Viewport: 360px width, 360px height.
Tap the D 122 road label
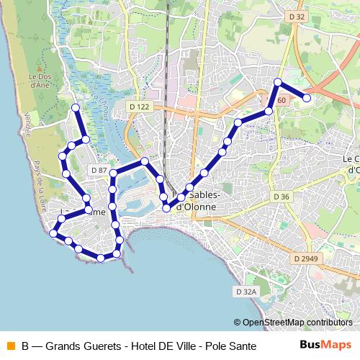pyautogui.click(x=140, y=107)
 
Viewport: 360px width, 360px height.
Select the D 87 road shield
pyautogui.click(x=99, y=170)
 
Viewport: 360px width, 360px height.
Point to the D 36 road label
pyautogui.click(x=281, y=197)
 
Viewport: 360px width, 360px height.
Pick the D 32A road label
pyautogui.click(x=246, y=292)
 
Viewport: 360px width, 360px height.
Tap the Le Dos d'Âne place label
pyautogui.click(x=39, y=79)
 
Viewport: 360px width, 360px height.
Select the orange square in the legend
pyautogui.click(x=9, y=346)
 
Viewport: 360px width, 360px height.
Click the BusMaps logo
pyautogui.click(x=326, y=345)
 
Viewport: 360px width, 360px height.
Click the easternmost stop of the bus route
pyautogui.click(x=307, y=97)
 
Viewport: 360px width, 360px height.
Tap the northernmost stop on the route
pyautogui.click(x=278, y=81)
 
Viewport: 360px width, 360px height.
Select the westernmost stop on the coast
pyautogui.click(x=53, y=233)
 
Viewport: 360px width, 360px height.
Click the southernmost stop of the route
pyautogui.click(x=102, y=258)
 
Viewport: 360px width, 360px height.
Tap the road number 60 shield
pyautogui.click(x=281, y=99)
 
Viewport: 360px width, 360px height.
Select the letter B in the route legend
pyautogui.click(x=26, y=346)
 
